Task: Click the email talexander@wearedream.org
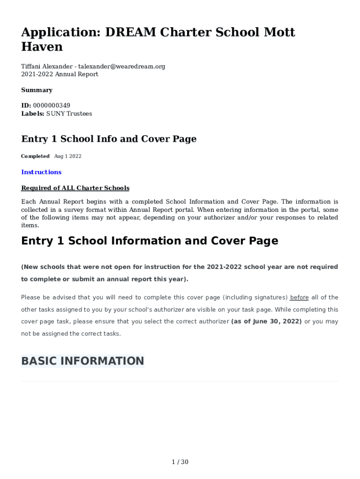point(122,66)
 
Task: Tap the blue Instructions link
point(41,172)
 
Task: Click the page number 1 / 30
point(180,462)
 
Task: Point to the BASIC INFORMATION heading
point(83,361)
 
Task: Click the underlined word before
point(299,298)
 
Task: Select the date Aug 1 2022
point(68,156)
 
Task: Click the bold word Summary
point(37,90)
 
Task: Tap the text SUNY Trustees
point(69,114)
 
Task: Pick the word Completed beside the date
point(35,156)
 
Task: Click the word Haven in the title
point(42,47)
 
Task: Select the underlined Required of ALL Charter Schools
point(75,188)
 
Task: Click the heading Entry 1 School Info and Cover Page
point(109,139)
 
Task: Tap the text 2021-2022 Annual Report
point(60,74)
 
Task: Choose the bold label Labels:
point(33,114)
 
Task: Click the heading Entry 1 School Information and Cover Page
point(150,241)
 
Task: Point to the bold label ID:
point(26,106)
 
